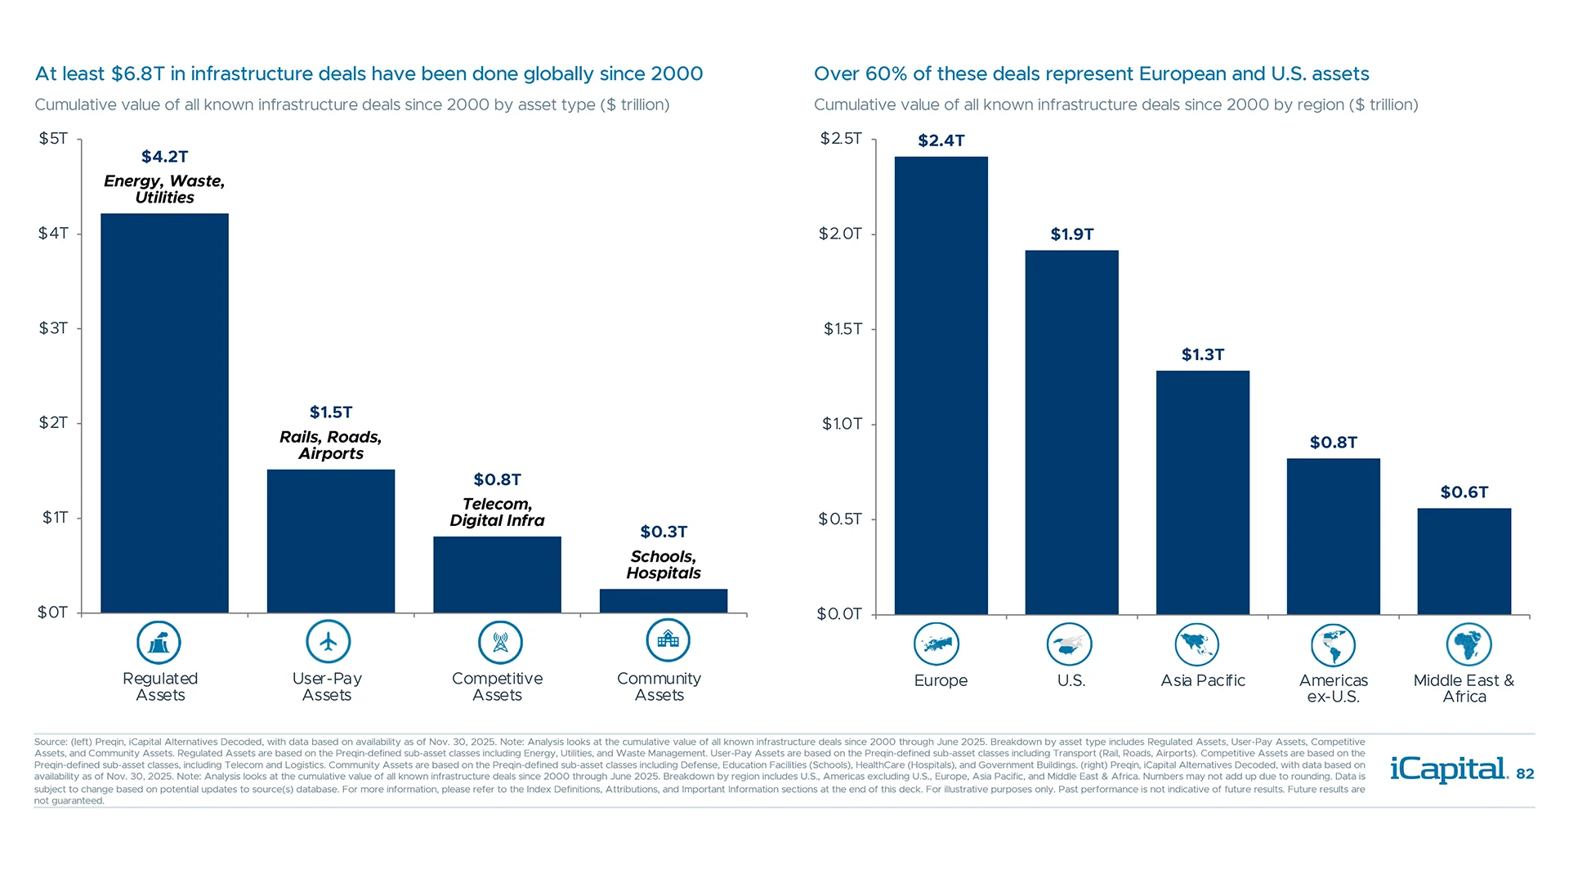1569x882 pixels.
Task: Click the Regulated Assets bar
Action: click(164, 412)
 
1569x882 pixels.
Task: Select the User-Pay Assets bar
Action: click(330, 541)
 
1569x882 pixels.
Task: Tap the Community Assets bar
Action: click(663, 600)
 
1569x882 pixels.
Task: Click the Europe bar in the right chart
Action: click(941, 385)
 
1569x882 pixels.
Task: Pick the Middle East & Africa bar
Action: click(1464, 561)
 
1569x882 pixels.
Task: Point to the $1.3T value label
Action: click(1202, 354)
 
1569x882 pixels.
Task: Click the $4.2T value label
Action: click(164, 156)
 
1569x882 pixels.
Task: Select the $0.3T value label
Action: click(663, 532)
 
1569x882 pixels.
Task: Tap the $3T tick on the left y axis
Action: click(53, 328)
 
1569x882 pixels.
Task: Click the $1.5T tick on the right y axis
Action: click(842, 329)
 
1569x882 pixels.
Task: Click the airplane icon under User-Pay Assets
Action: click(328, 642)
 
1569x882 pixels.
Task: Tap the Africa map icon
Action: click(1468, 644)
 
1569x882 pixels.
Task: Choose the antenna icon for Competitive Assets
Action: click(500, 642)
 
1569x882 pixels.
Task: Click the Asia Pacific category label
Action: click(1202, 680)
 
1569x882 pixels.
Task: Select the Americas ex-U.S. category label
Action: click(1333, 688)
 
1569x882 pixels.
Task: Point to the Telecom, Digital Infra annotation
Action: click(497, 512)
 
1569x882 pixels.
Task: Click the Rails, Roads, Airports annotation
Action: click(330, 445)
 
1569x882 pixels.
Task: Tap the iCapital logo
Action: click(1447, 769)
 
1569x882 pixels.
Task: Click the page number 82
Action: click(1525, 774)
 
